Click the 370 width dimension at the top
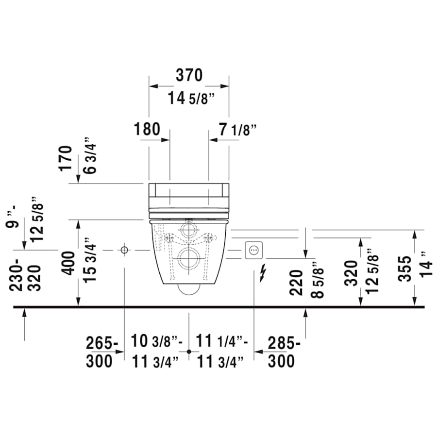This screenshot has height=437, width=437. [188, 75]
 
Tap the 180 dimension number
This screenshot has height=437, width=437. [147, 129]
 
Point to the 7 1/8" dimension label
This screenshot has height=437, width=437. [236, 129]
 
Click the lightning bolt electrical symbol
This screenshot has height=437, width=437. [263, 273]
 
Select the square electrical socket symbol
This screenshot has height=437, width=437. [253, 250]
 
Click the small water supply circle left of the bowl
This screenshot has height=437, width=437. [124, 250]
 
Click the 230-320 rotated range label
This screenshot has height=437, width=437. [24, 274]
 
